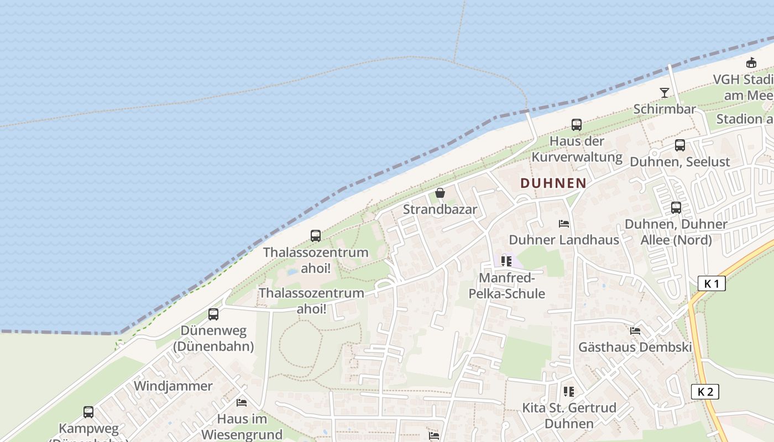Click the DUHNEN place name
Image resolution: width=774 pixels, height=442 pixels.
pyautogui.click(x=553, y=183)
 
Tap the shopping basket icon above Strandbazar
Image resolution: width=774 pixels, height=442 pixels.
pyautogui.click(x=440, y=193)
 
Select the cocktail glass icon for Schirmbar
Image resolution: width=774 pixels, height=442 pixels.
pyautogui.click(x=665, y=92)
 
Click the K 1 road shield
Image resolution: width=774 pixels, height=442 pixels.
pyautogui.click(x=712, y=284)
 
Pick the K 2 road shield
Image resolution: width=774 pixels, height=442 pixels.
pyautogui.click(x=705, y=392)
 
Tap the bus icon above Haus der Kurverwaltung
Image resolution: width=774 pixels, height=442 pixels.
pyautogui.click(x=577, y=125)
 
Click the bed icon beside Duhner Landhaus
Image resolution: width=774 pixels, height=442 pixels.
pyautogui.click(x=564, y=224)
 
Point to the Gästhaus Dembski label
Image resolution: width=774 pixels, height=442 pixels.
pyautogui.click(x=635, y=348)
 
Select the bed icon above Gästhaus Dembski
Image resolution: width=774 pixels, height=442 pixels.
pyautogui.click(x=635, y=331)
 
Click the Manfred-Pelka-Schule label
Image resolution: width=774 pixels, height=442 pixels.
pyautogui.click(x=507, y=286)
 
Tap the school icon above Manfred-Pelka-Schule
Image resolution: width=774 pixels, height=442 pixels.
pyautogui.click(x=506, y=261)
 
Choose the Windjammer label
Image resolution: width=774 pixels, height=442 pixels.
pyautogui.click(x=173, y=386)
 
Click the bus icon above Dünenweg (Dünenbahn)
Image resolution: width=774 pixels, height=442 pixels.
pyautogui.click(x=213, y=314)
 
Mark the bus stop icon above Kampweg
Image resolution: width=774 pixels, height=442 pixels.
pyautogui.click(x=88, y=412)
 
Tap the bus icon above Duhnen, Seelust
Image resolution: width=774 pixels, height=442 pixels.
pyautogui.click(x=680, y=145)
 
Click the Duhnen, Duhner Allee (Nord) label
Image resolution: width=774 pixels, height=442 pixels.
pyautogui.click(x=676, y=232)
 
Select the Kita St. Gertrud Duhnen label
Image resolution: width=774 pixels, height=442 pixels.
pyautogui.click(x=569, y=416)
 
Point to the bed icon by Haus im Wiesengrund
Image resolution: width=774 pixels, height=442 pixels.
pyautogui.click(x=242, y=402)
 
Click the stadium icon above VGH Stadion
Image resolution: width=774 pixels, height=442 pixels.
pyautogui.click(x=751, y=63)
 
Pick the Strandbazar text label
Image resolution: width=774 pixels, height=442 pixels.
pyautogui.click(x=440, y=209)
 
